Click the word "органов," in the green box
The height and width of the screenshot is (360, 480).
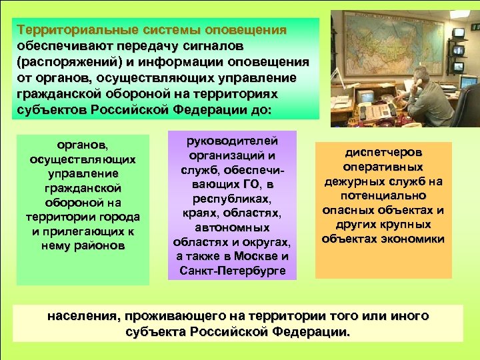pos(83,145)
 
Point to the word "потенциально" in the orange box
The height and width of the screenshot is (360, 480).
pos(383,196)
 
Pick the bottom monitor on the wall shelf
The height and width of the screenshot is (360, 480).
pos(467,83)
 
